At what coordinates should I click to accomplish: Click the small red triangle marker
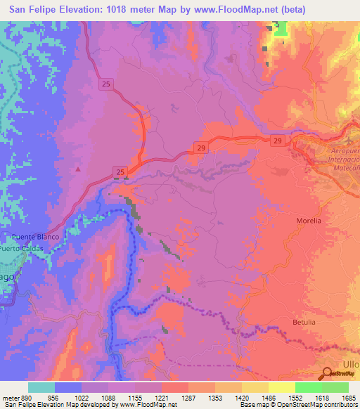click(x=78, y=169)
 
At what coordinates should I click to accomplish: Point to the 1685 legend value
click(x=349, y=397)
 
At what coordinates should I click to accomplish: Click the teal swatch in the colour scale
click(x=41, y=387)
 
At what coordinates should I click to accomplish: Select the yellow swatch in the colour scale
click(x=282, y=387)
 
